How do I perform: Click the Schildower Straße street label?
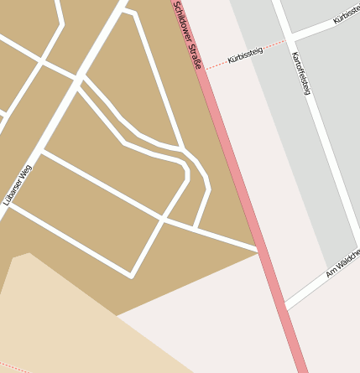point(189,34)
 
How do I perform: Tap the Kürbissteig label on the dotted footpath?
point(245,57)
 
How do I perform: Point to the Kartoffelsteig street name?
point(300,73)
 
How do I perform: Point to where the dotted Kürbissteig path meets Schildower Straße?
point(205,68)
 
